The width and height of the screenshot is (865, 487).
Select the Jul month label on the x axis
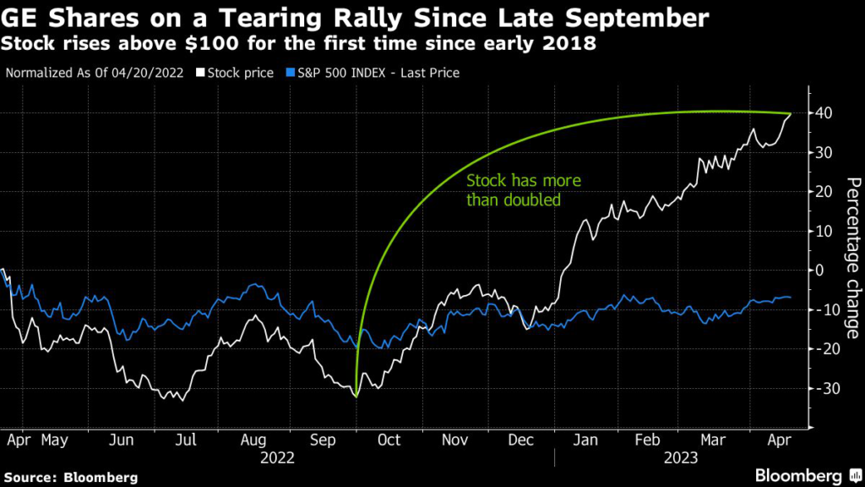point(186,441)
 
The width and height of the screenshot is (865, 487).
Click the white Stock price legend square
point(200,74)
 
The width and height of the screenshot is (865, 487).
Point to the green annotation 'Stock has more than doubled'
point(524,190)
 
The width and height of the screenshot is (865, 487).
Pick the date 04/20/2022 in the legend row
point(148,74)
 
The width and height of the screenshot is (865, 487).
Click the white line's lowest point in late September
point(356,396)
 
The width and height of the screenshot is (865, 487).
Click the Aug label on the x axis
point(253,441)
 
